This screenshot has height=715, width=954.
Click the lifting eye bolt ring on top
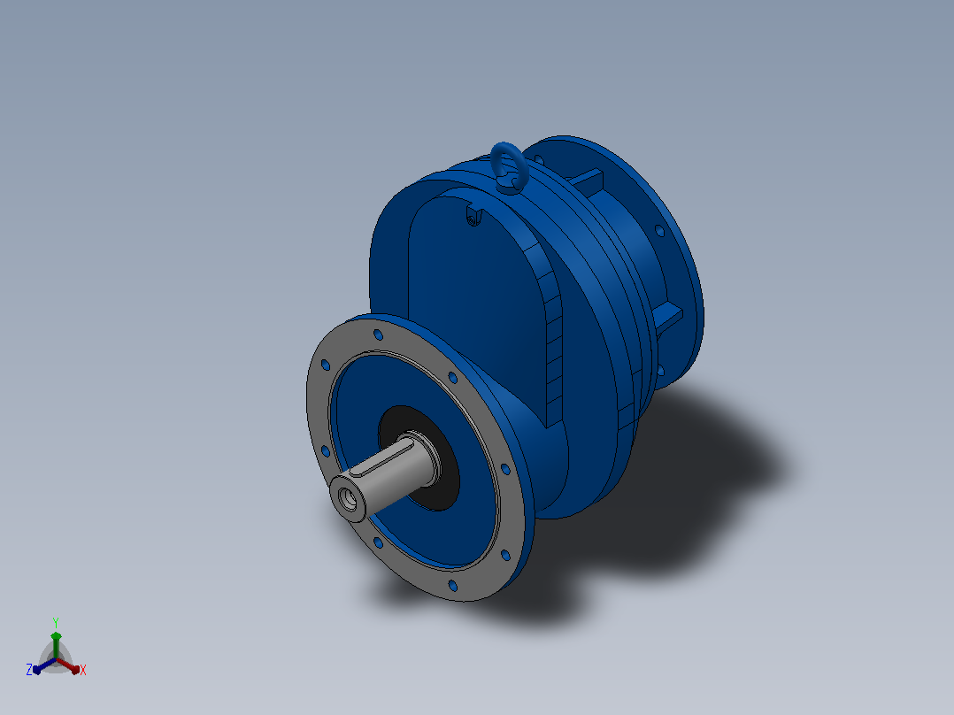[494, 159]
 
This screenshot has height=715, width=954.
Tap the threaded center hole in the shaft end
[350, 498]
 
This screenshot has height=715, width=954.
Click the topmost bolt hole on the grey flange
[378, 334]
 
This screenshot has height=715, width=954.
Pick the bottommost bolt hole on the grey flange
[453, 586]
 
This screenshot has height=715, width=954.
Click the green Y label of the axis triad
[56, 622]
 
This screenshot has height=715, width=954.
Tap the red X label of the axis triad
[83, 670]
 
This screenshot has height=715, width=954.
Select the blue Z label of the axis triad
[29, 670]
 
